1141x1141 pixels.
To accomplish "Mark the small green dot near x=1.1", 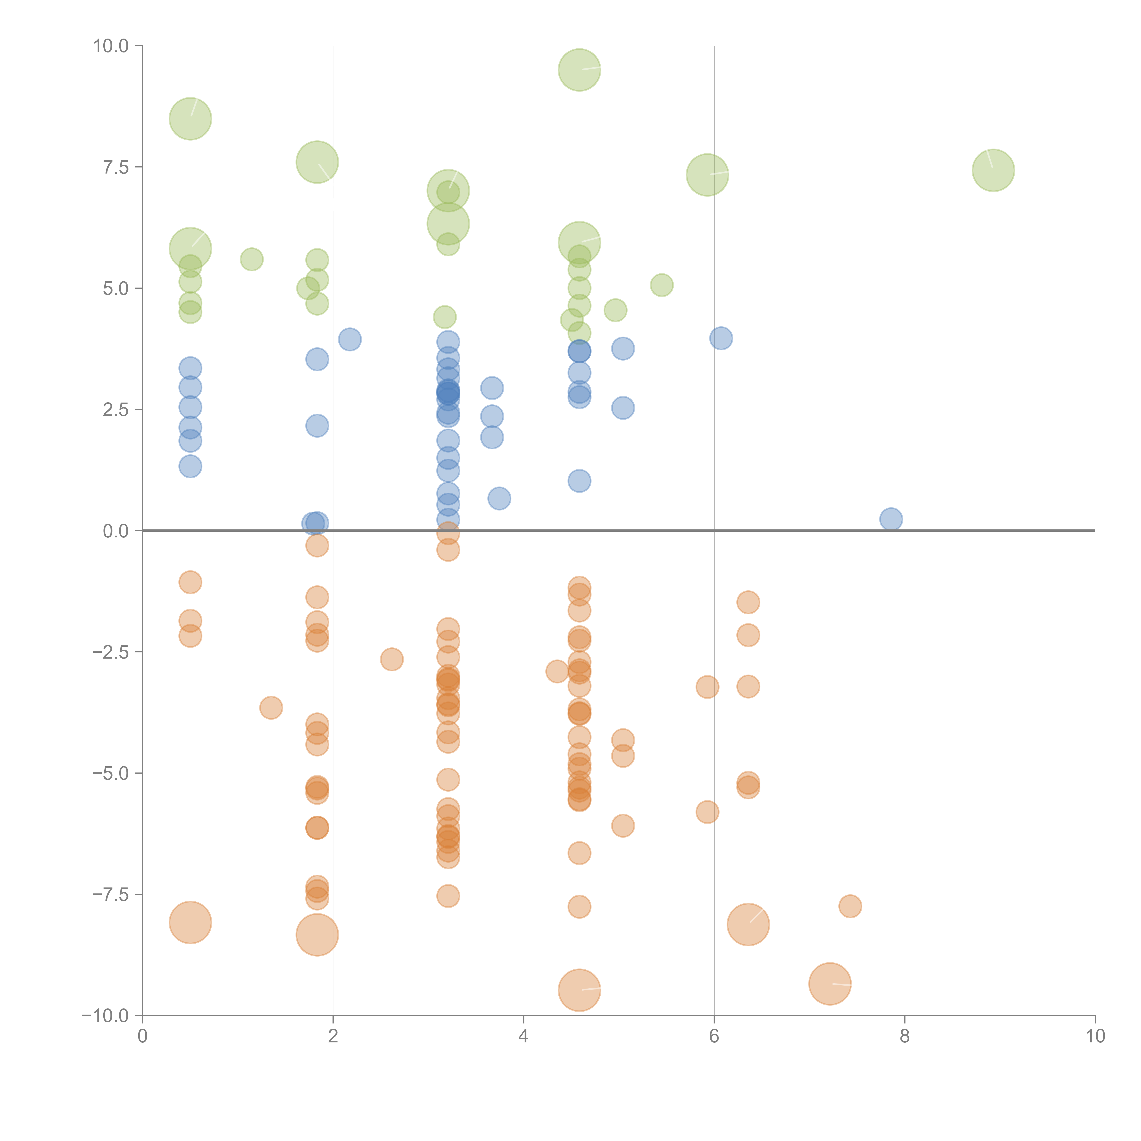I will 251,259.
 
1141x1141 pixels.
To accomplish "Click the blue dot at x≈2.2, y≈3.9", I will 350,339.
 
